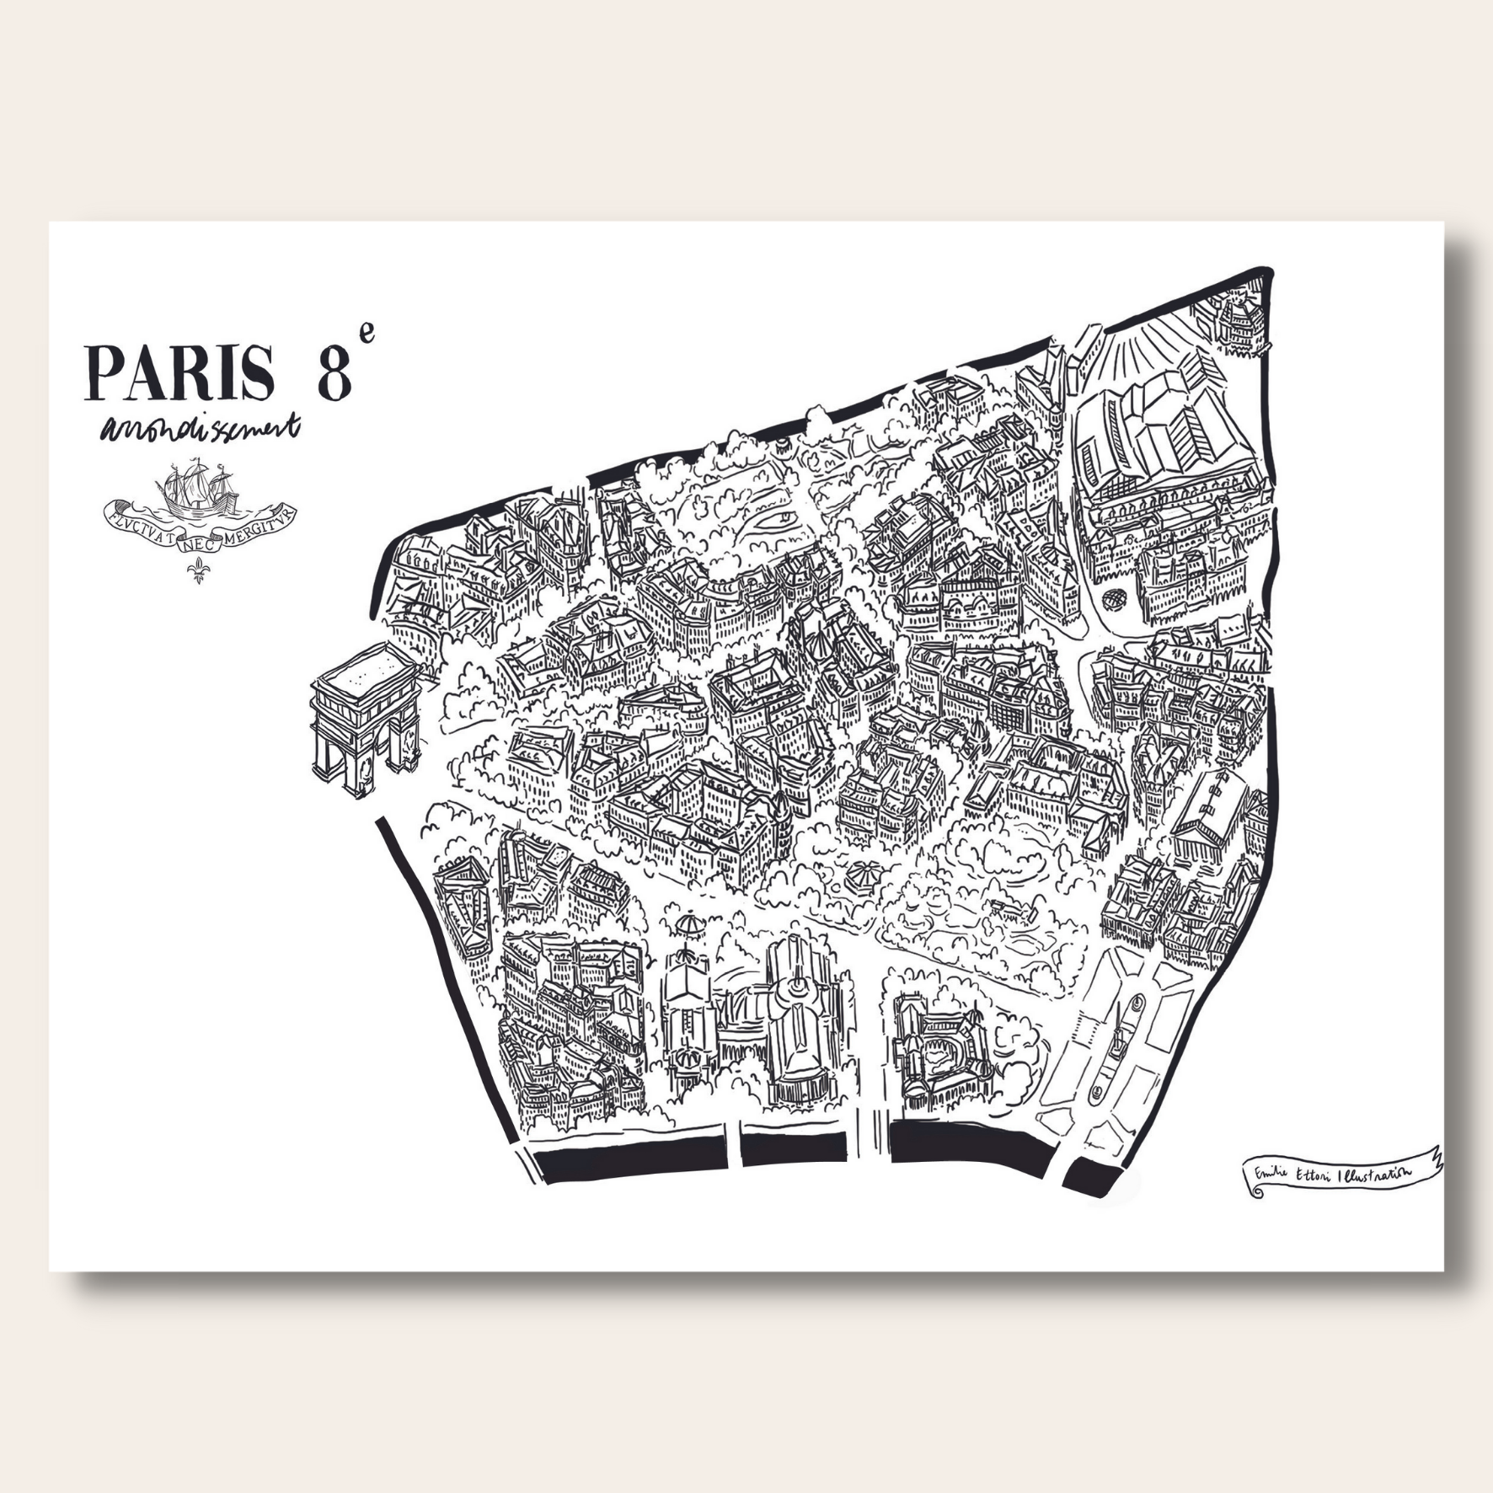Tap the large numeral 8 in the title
(334, 372)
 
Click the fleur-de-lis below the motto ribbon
(199, 569)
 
